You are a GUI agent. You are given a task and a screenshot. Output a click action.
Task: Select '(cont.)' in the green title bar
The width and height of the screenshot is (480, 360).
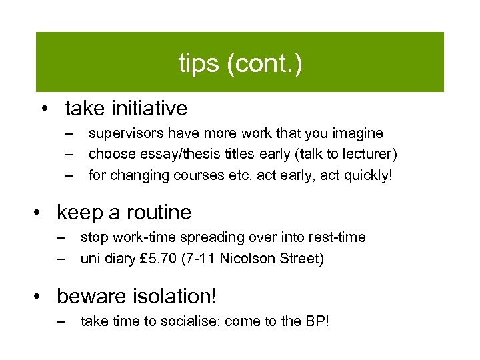(264, 64)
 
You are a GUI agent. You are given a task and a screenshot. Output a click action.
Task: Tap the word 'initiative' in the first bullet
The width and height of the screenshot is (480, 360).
(150, 107)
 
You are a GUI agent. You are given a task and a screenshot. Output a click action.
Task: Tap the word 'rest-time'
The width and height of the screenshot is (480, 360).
(337, 237)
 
